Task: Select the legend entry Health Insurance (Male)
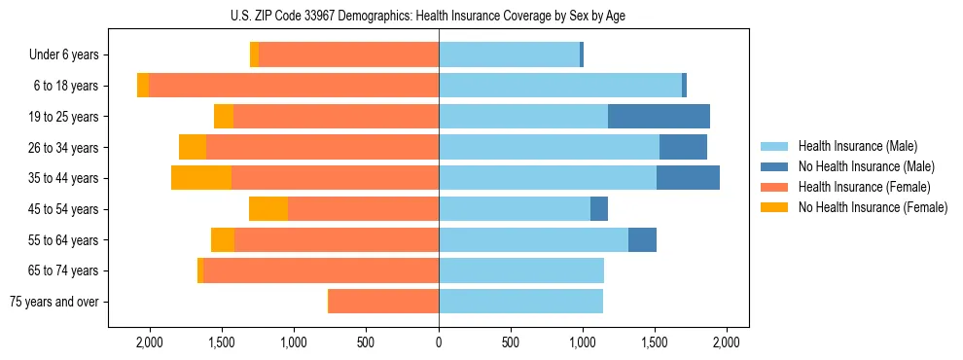click(855, 146)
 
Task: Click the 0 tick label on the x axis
click(439, 342)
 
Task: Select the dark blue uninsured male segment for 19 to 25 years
click(659, 117)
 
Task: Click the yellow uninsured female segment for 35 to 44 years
click(201, 178)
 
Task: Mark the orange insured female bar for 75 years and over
click(383, 302)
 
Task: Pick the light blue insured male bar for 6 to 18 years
click(560, 86)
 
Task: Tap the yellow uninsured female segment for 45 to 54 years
click(268, 209)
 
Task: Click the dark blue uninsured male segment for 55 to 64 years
click(642, 239)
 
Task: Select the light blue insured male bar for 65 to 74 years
click(521, 270)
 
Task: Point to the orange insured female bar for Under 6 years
click(348, 55)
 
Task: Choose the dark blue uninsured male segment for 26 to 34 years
click(683, 147)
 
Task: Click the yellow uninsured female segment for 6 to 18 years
click(143, 86)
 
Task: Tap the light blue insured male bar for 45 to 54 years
click(515, 209)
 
